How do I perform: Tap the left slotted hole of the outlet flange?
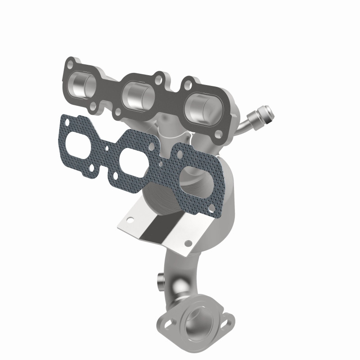(169, 323)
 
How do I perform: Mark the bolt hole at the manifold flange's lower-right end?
(219, 134)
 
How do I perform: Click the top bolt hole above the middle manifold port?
(158, 76)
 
